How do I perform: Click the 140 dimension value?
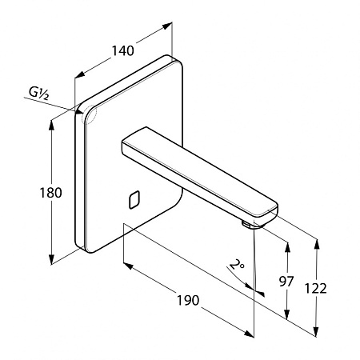[x=122, y=50]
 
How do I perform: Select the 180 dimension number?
[x=50, y=193]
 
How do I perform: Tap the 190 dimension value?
[x=188, y=300]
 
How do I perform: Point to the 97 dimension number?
[x=286, y=282]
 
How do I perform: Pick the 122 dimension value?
[x=315, y=288]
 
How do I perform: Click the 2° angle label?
[x=237, y=265]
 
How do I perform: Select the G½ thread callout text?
[x=39, y=94]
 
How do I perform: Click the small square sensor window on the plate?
[x=134, y=200]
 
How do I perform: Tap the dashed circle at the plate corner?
[x=89, y=115]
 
